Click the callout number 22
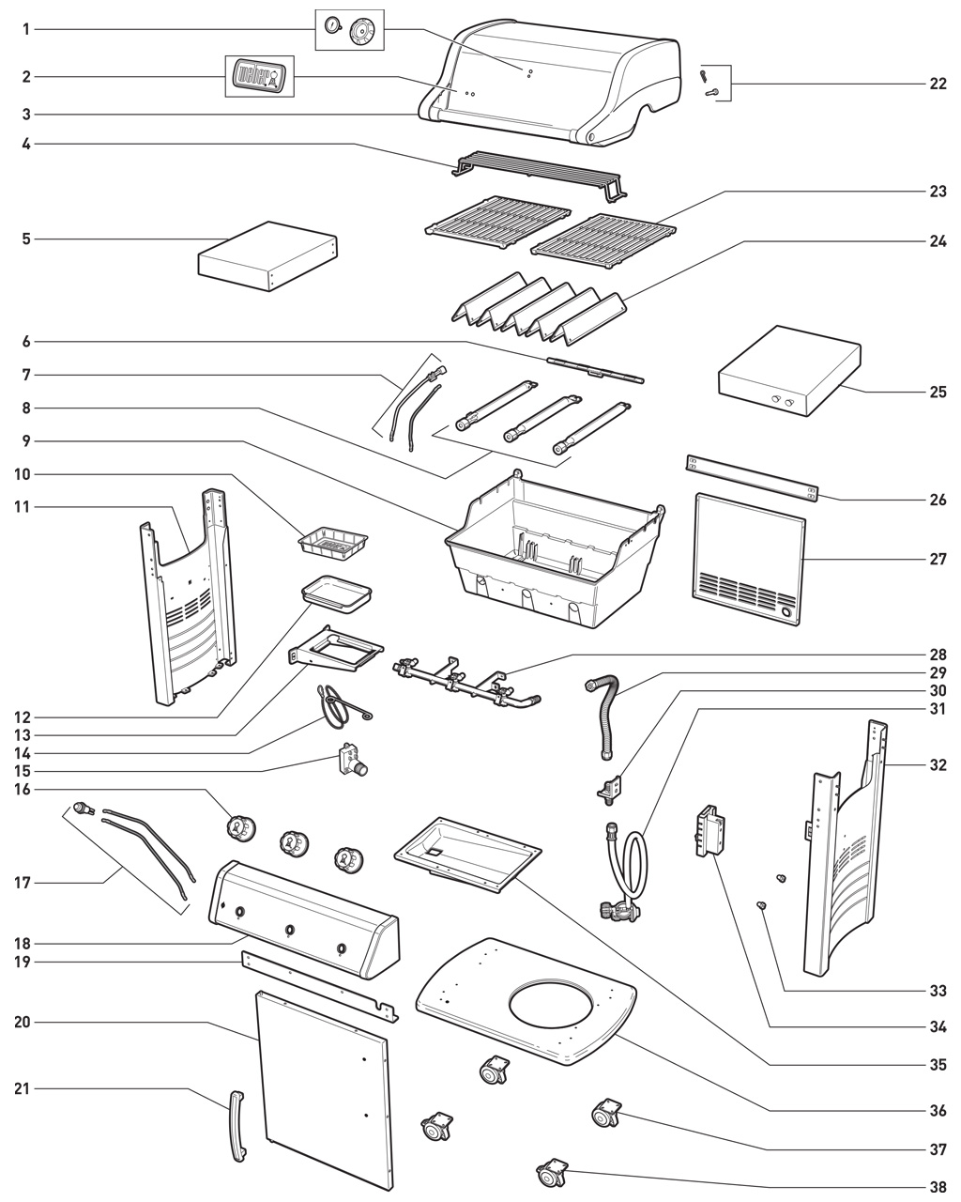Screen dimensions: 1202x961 pyautogui.click(x=938, y=85)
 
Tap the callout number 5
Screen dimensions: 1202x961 pyautogui.click(x=26, y=239)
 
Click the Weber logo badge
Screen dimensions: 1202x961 pyautogui.click(x=257, y=75)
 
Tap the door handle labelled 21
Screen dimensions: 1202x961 pyautogui.click(x=237, y=1127)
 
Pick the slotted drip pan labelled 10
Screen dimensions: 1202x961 pyautogui.click(x=332, y=541)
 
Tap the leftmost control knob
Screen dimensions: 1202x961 pyautogui.click(x=241, y=829)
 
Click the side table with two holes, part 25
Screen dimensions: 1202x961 pyautogui.click(x=788, y=371)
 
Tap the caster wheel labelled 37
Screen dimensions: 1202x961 pyautogui.click(x=604, y=1115)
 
